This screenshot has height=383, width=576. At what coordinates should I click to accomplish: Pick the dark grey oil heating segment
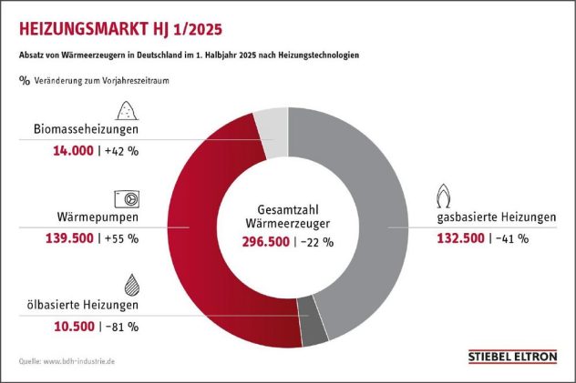[x=313, y=323]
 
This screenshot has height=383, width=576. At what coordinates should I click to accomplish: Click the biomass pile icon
[x=127, y=110]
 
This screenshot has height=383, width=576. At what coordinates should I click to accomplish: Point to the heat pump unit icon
[x=127, y=199]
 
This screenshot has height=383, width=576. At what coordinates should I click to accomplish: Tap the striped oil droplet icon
[x=132, y=285]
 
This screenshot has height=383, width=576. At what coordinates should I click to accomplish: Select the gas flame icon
[x=443, y=197]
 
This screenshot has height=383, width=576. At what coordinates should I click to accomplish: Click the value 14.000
[x=74, y=151]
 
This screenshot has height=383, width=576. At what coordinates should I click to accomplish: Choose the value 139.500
[x=70, y=238]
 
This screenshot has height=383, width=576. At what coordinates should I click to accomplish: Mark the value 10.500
[x=74, y=327]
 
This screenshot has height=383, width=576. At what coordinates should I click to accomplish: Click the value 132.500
[x=460, y=238]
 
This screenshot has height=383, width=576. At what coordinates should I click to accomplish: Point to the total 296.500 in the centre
[x=265, y=242]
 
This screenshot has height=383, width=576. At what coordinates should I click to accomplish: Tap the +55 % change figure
[x=121, y=238]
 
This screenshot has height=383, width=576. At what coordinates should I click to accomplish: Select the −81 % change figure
[x=122, y=327]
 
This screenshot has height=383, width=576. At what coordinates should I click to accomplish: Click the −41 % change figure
[x=512, y=238]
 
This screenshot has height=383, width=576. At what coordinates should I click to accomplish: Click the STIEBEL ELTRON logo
[x=513, y=357]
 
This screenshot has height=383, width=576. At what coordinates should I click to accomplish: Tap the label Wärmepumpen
[x=98, y=217]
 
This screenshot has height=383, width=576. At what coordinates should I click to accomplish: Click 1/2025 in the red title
[x=197, y=29]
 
